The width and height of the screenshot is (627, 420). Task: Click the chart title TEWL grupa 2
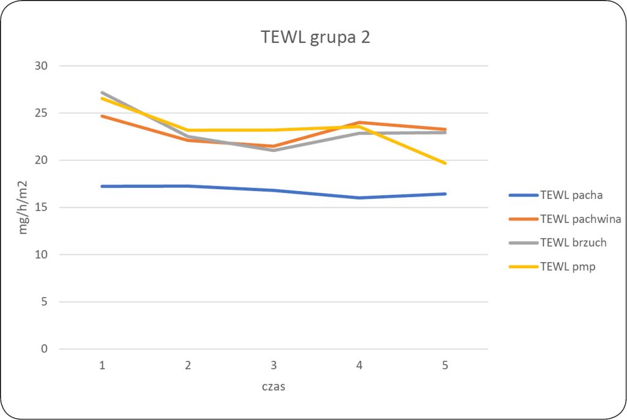[x=315, y=37]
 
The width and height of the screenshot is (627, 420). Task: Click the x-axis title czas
[x=274, y=387]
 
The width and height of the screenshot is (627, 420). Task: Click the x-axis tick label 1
[x=102, y=366]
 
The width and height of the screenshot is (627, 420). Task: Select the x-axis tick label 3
[x=274, y=366]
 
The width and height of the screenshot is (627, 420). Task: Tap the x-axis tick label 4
[x=359, y=366]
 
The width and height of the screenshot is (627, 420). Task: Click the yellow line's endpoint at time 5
[x=445, y=163]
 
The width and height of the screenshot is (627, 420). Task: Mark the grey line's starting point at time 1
[x=102, y=92]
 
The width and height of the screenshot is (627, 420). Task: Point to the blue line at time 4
[x=359, y=198]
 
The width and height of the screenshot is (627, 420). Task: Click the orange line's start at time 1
[x=102, y=116]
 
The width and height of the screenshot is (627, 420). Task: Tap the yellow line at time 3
[x=274, y=130]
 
